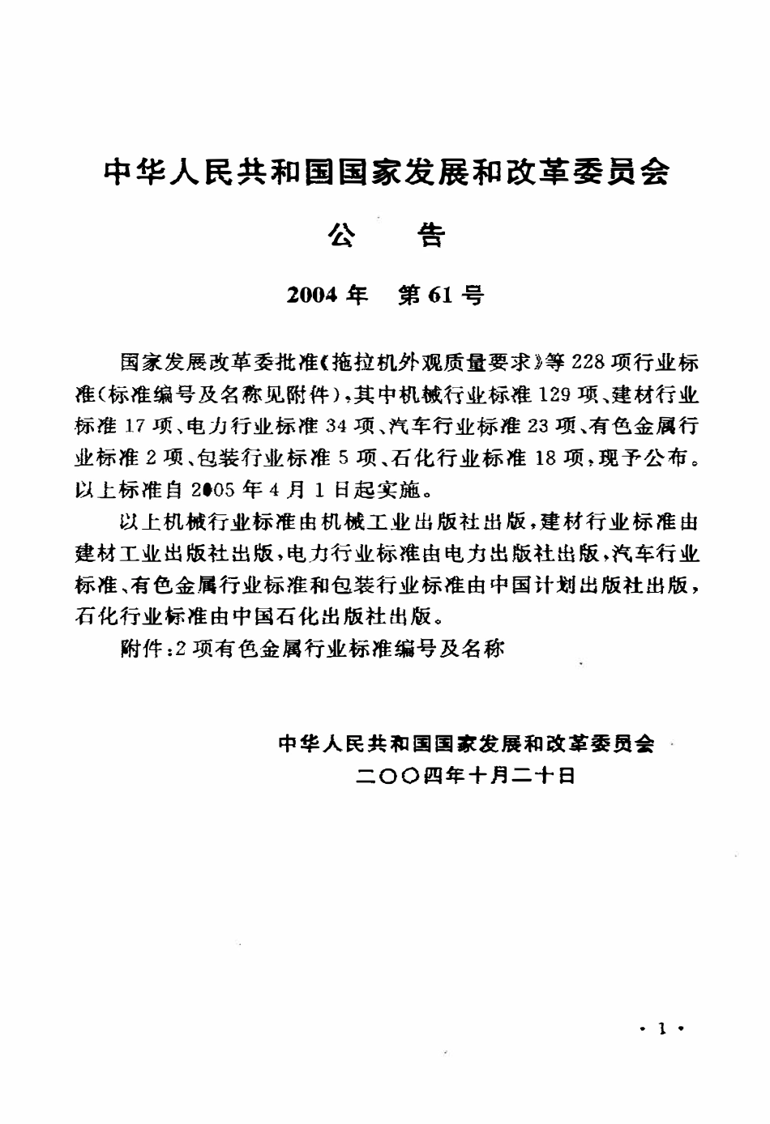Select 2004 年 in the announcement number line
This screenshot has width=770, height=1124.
[327, 296]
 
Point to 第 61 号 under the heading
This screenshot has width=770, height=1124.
[442, 296]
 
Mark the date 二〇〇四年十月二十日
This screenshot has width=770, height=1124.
[465, 775]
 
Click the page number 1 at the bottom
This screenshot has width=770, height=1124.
[663, 1029]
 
